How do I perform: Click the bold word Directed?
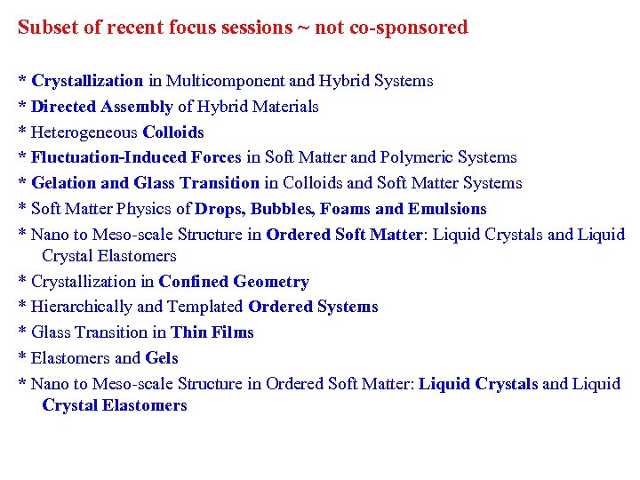64,107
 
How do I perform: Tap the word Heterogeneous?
84,132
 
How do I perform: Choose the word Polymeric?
418,157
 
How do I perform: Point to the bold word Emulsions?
447,209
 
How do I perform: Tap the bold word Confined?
195,282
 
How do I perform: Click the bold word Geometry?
271,282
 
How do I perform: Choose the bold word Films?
234,332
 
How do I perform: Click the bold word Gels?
162,358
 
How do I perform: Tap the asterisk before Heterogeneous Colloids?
22,133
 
